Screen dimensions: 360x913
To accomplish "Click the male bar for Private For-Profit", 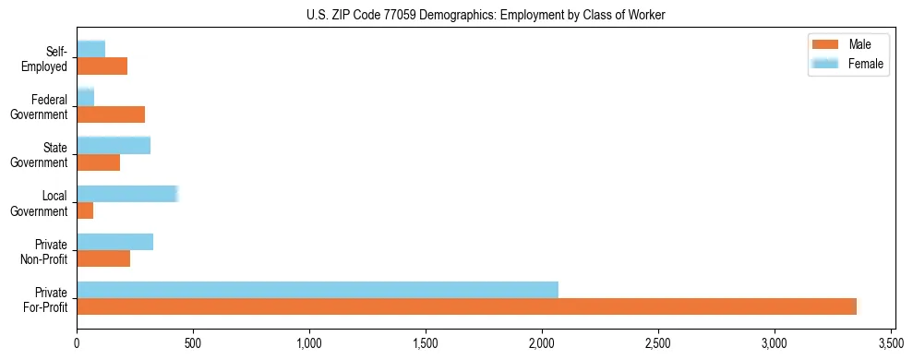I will pyautogui.click(x=467, y=307).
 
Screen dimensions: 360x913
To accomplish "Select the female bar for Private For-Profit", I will pyautogui.click(x=318, y=290).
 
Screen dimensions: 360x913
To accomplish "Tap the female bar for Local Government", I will pyautogui.click(x=127, y=194).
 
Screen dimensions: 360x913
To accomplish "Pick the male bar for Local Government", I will pyautogui.click(x=85, y=211).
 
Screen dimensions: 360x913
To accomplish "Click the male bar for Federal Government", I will pyautogui.click(x=111, y=114).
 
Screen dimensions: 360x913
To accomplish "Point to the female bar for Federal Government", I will pyautogui.click(x=86, y=97).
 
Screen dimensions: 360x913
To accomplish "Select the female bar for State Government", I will pyautogui.click(x=114, y=145).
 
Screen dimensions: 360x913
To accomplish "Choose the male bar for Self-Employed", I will pyautogui.click(x=102, y=66).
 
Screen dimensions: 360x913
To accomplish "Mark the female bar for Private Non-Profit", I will pyautogui.click(x=115, y=242).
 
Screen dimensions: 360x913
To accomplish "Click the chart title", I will pyautogui.click(x=486, y=15).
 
